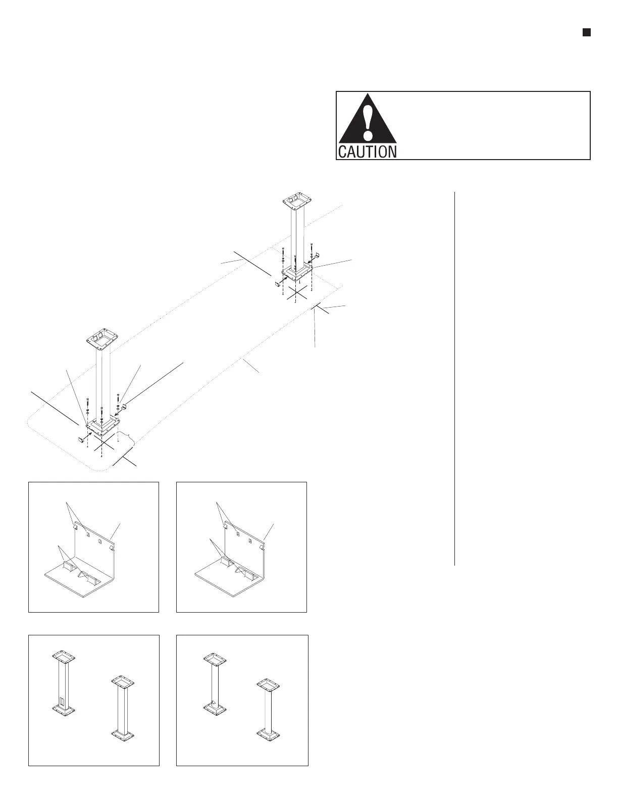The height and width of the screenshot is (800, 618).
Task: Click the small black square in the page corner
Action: [x=586, y=33]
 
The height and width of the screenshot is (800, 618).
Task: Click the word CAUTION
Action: [x=367, y=152]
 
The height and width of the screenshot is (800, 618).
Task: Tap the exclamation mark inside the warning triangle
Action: [x=368, y=122]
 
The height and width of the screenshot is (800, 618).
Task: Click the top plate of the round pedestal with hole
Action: [x=215, y=659]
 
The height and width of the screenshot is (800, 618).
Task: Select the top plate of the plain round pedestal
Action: [x=268, y=685]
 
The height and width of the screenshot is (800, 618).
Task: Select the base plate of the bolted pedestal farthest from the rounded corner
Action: [x=298, y=273]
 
